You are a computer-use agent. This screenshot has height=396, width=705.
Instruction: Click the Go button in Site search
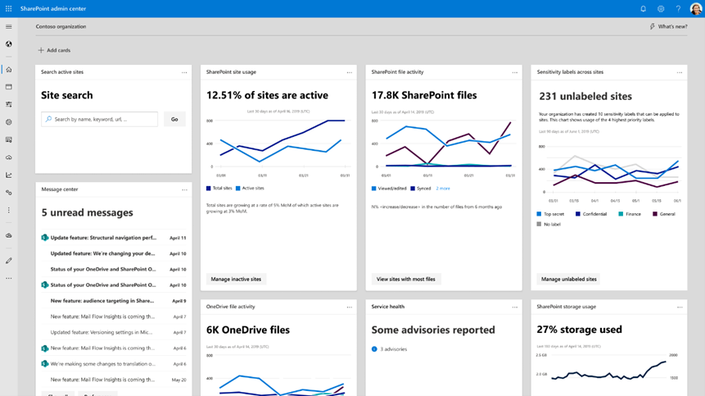tap(174, 119)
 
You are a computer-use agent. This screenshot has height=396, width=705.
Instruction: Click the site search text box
tap(100, 119)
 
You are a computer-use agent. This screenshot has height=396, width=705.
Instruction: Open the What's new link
tap(668, 26)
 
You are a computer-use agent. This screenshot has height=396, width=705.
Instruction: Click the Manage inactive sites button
tap(236, 279)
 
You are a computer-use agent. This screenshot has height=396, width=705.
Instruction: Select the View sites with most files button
tap(405, 279)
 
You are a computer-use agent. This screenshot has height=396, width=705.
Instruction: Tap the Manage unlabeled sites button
tap(568, 279)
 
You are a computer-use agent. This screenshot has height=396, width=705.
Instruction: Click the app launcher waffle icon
tap(9, 8)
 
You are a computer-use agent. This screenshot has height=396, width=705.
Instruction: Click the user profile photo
tap(696, 8)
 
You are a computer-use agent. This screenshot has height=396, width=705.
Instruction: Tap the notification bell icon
tap(643, 8)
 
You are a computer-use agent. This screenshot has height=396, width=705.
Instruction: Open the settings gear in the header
tap(661, 8)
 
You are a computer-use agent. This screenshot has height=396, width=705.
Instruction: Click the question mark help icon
tap(678, 8)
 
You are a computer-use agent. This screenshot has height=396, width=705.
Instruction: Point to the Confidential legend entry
tap(592, 214)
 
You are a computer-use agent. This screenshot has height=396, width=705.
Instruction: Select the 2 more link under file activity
tap(443, 189)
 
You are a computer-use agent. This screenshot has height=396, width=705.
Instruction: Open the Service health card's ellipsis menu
tap(514, 307)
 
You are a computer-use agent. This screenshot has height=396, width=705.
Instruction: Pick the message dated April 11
tap(102, 238)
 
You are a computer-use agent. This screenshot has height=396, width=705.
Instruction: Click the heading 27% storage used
tap(579, 330)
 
